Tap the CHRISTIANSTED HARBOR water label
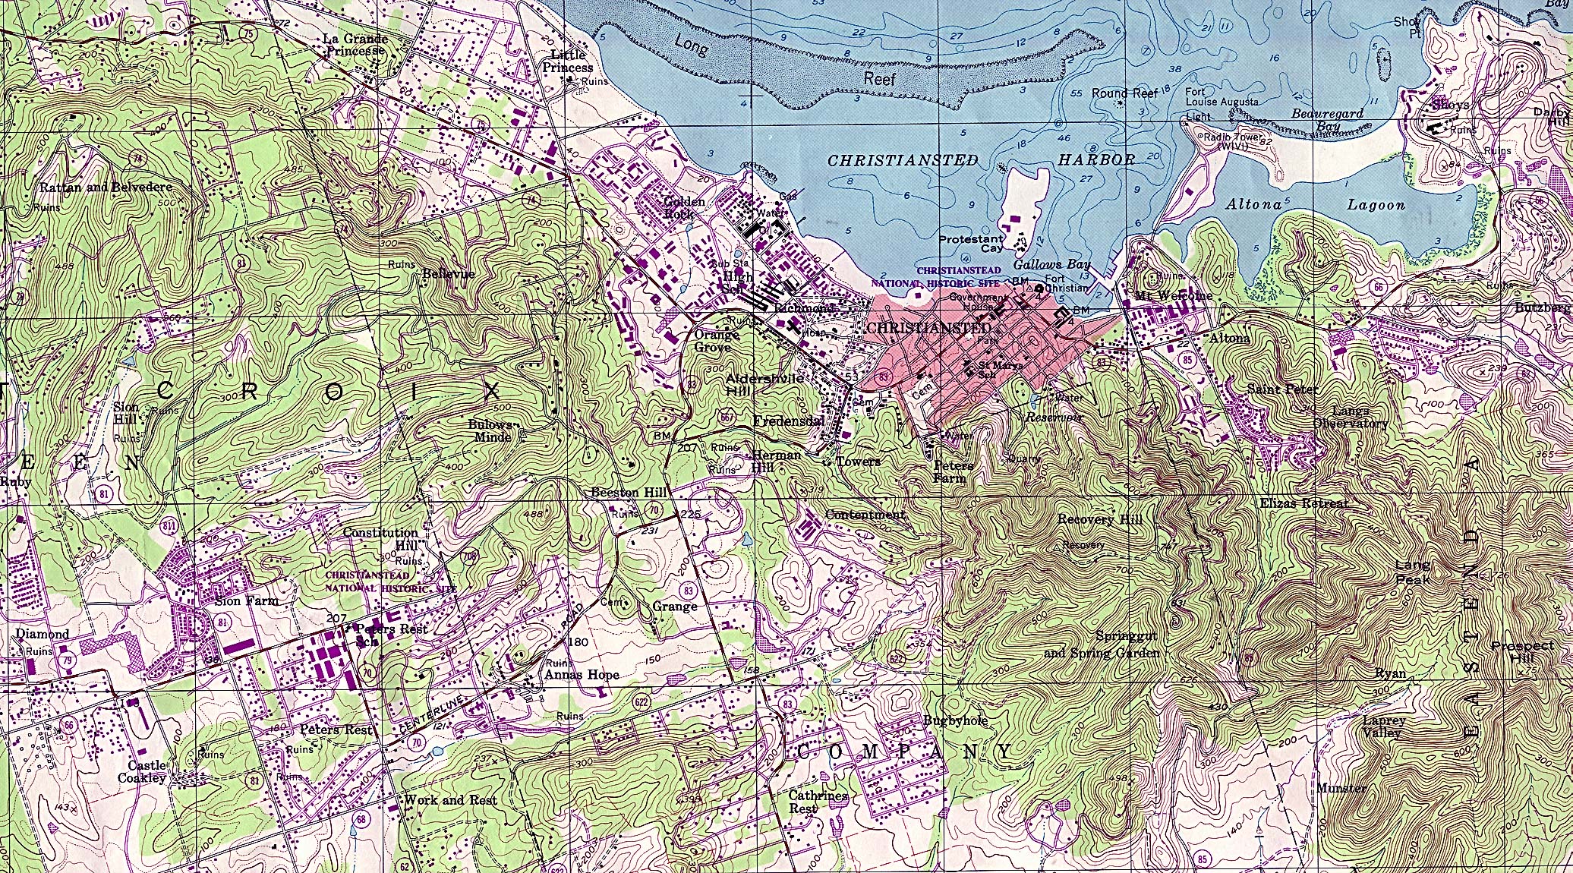pos(979,160)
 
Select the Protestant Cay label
pos(971,244)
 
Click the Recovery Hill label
pos(1100,520)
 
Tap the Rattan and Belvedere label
pos(106,187)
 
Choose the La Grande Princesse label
pos(355,45)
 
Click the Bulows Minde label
pos(490,430)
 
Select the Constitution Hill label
pos(380,539)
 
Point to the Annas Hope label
pos(582,674)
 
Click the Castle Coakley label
pos(142,771)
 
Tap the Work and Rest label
pos(450,800)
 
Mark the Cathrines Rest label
pos(818,802)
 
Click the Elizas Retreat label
pos(1303,503)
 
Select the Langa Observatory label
pos(1350,418)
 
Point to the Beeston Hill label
pos(629,493)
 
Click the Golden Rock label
pos(684,207)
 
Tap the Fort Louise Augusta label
pos(1222,96)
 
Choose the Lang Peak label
pos(1412,572)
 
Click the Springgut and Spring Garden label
pos(1102,645)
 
